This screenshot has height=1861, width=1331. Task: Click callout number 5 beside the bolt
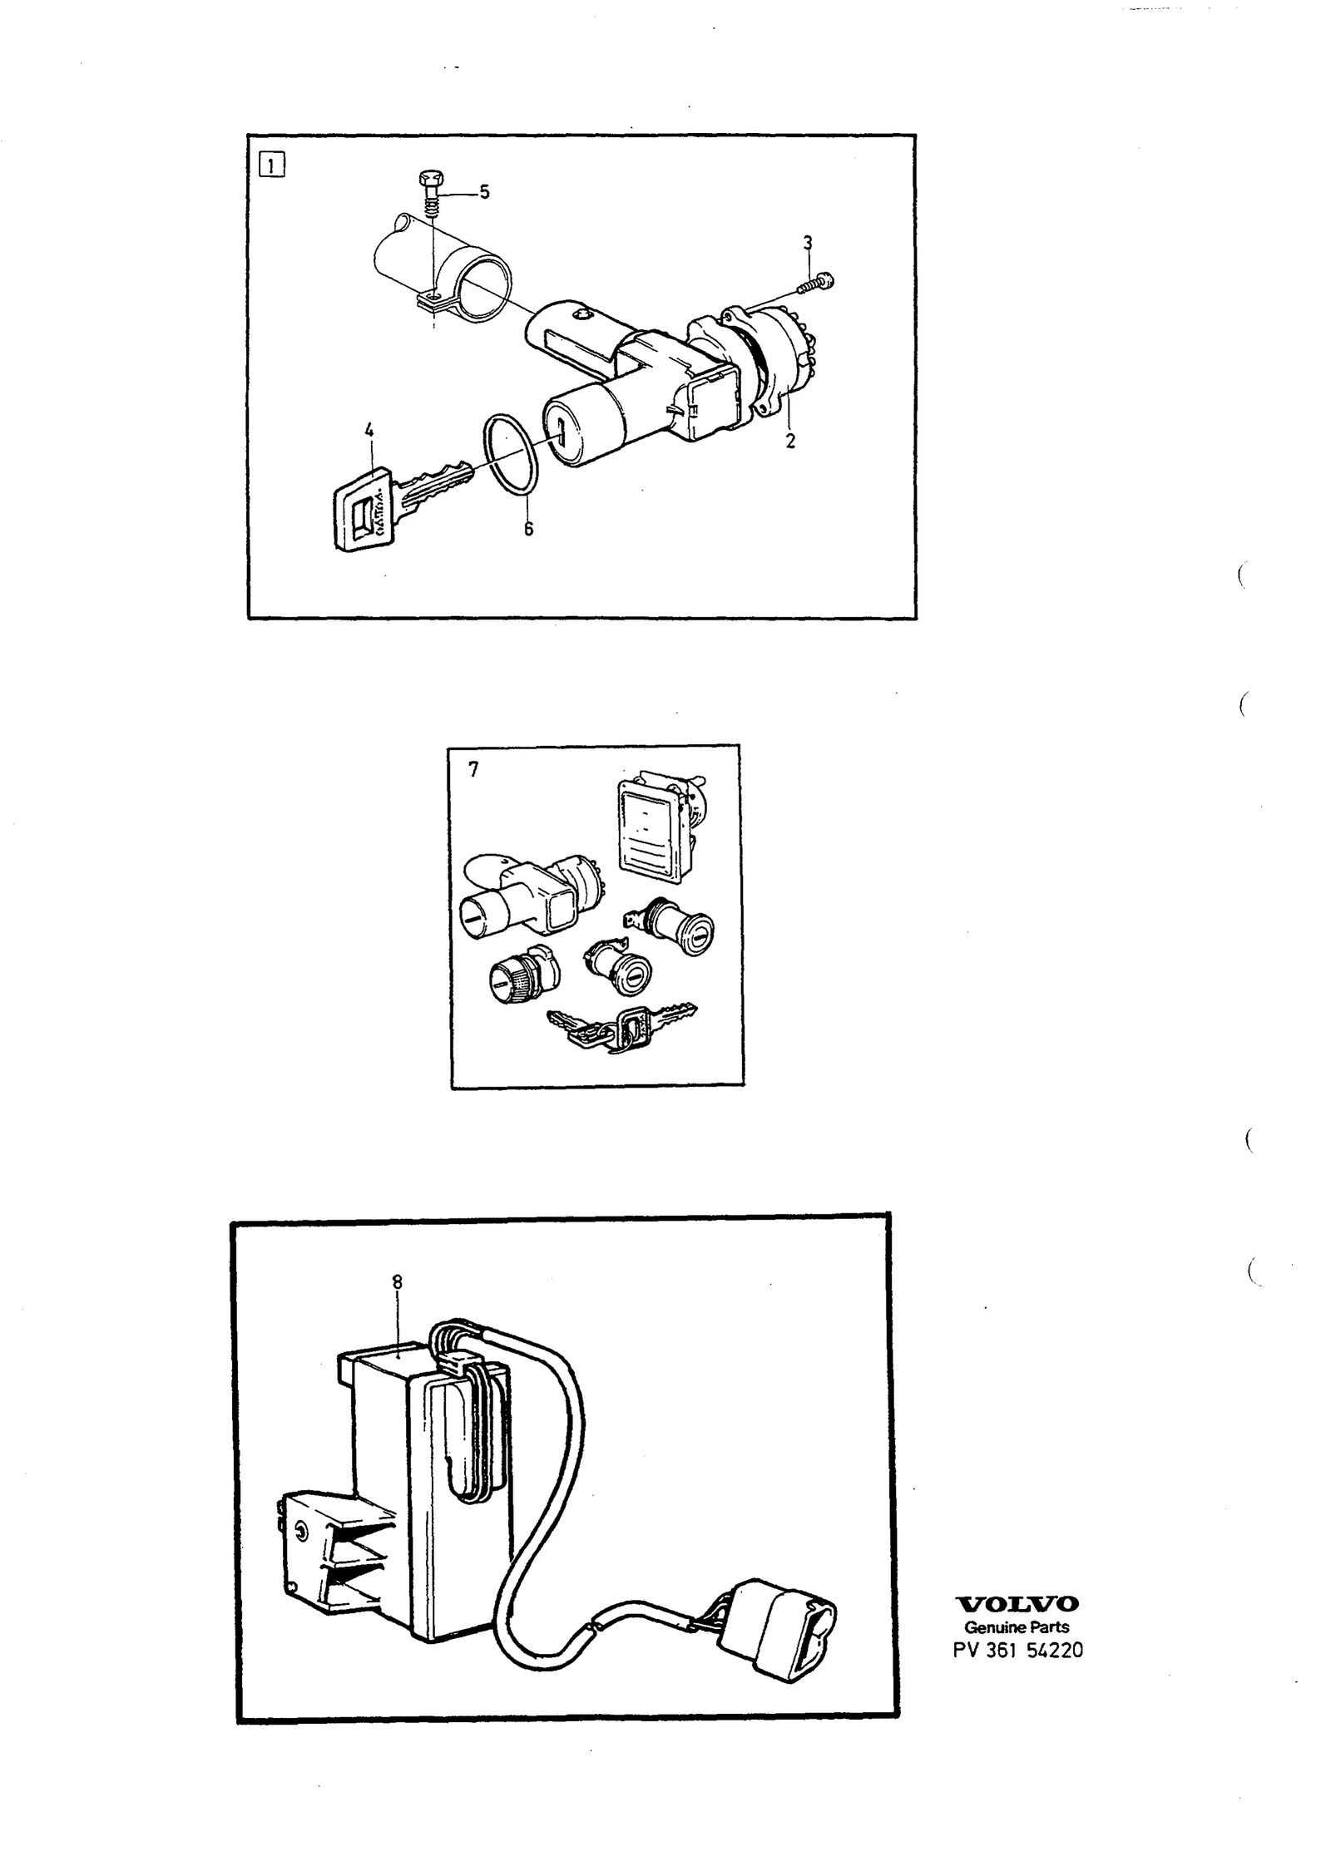[x=484, y=192]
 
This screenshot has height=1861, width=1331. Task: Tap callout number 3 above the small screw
[x=807, y=243]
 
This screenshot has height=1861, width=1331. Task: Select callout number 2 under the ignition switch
[x=790, y=442]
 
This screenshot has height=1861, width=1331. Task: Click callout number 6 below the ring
[x=528, y=529]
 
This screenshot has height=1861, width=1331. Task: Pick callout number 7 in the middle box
[x=473, y=770]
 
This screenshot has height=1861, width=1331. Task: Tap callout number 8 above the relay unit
[x=397, y=1282]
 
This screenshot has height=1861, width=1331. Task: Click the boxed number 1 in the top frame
[x=272, y=164]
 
